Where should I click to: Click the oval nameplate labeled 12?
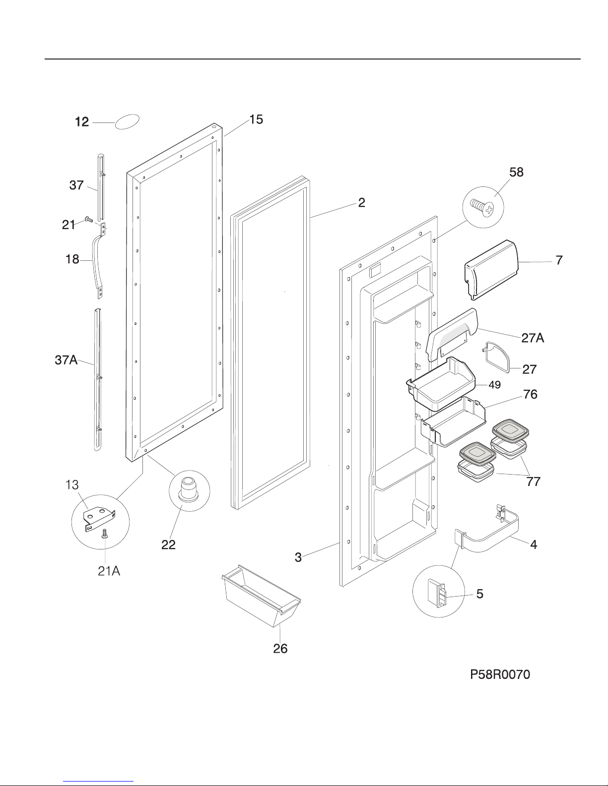[127, 122]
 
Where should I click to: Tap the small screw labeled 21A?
[105, 535]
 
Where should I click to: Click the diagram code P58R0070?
[500, 674]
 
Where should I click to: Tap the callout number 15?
[256, 120]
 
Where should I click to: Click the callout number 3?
[298, 557]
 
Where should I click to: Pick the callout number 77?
[533, 482]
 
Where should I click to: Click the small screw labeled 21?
[88, 219]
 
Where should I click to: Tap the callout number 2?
[362, 202]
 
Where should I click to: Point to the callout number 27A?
[533, 338]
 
